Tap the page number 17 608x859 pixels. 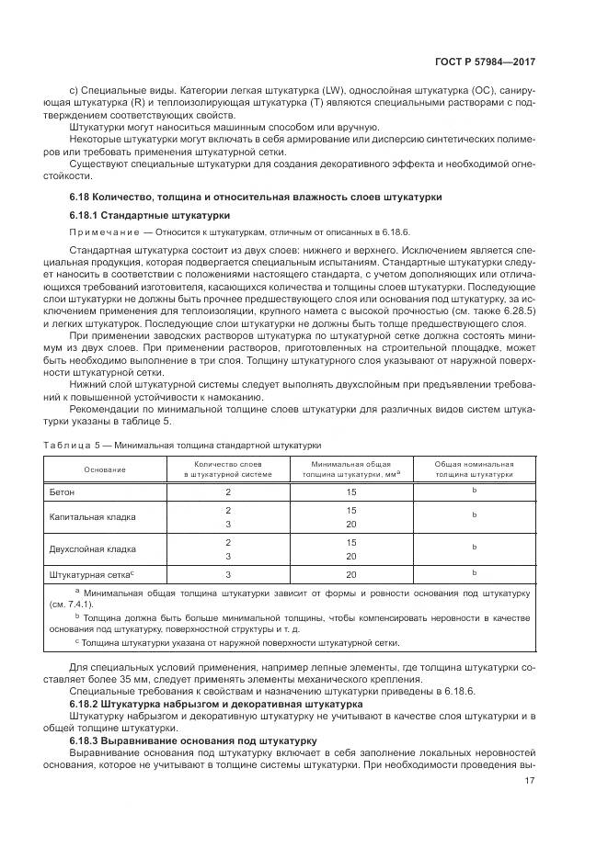coord(530,781)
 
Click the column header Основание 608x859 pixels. coord(105,469)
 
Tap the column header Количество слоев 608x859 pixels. coord(227,469)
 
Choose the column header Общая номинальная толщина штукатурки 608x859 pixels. coord(474,469)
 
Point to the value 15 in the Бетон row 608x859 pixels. coord(350,492)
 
